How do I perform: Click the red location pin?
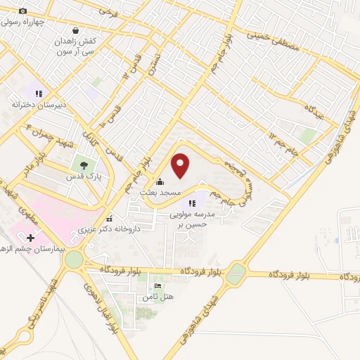point(181,165)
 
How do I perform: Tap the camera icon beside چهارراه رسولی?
point(22,11)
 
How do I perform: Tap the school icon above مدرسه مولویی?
point(192,203)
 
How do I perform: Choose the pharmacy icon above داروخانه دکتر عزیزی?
point(108,217)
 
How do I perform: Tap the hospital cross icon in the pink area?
point(31,239)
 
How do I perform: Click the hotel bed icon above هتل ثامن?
point(157,285)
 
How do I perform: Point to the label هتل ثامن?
point(157,297)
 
